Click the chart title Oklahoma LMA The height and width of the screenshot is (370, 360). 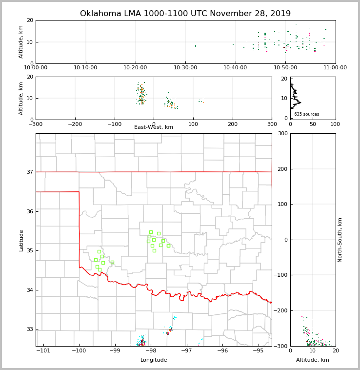(x=185, y=14)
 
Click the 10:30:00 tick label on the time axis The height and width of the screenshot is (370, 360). (x=185, y=67)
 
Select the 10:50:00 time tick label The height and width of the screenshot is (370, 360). (x=285, y=67)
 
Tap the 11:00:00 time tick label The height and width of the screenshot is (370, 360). (x=335, y=67)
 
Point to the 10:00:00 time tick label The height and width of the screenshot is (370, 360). (x=36, y=67)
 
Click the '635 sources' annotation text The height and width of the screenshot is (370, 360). (x=306, y=114)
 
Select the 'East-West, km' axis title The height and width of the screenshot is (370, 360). (x=154, y=127)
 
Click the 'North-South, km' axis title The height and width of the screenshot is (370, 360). (x=340, y=240)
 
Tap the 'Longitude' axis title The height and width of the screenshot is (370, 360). (x=154, y=360)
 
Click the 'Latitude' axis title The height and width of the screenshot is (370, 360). (x=21, y=240)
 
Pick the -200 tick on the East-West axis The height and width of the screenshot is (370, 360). (x=75, y=124)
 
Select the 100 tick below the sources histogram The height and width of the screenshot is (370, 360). (x=335, y=124)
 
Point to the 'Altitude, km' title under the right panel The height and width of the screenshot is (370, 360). (x=313, y=360)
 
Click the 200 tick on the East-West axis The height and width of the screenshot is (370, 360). (x=233, y=124)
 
